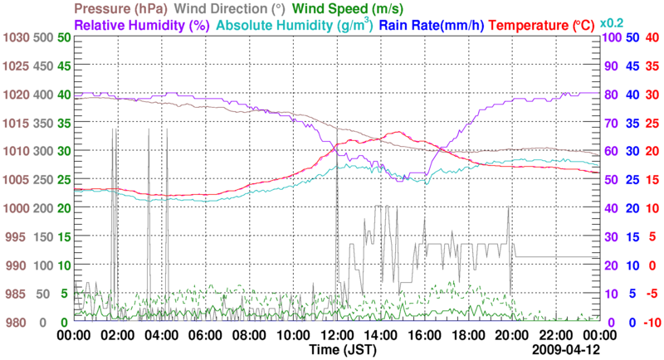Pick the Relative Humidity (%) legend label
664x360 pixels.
pyautogui.click(x=140, y=25)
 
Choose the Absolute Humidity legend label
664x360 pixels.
pyautogui.click(x=294, y=25)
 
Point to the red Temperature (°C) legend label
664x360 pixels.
pyautogui.click(x=543, y=25)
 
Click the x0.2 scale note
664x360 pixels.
pyautogui.click(x=612, y=22)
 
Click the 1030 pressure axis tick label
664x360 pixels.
pyautogui.click(x=16, y=37)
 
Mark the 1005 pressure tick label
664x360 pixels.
pyautogui.click(x=16, y=180)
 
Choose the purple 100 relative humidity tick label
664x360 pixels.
pyautogui.click(x=611, y=37)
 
